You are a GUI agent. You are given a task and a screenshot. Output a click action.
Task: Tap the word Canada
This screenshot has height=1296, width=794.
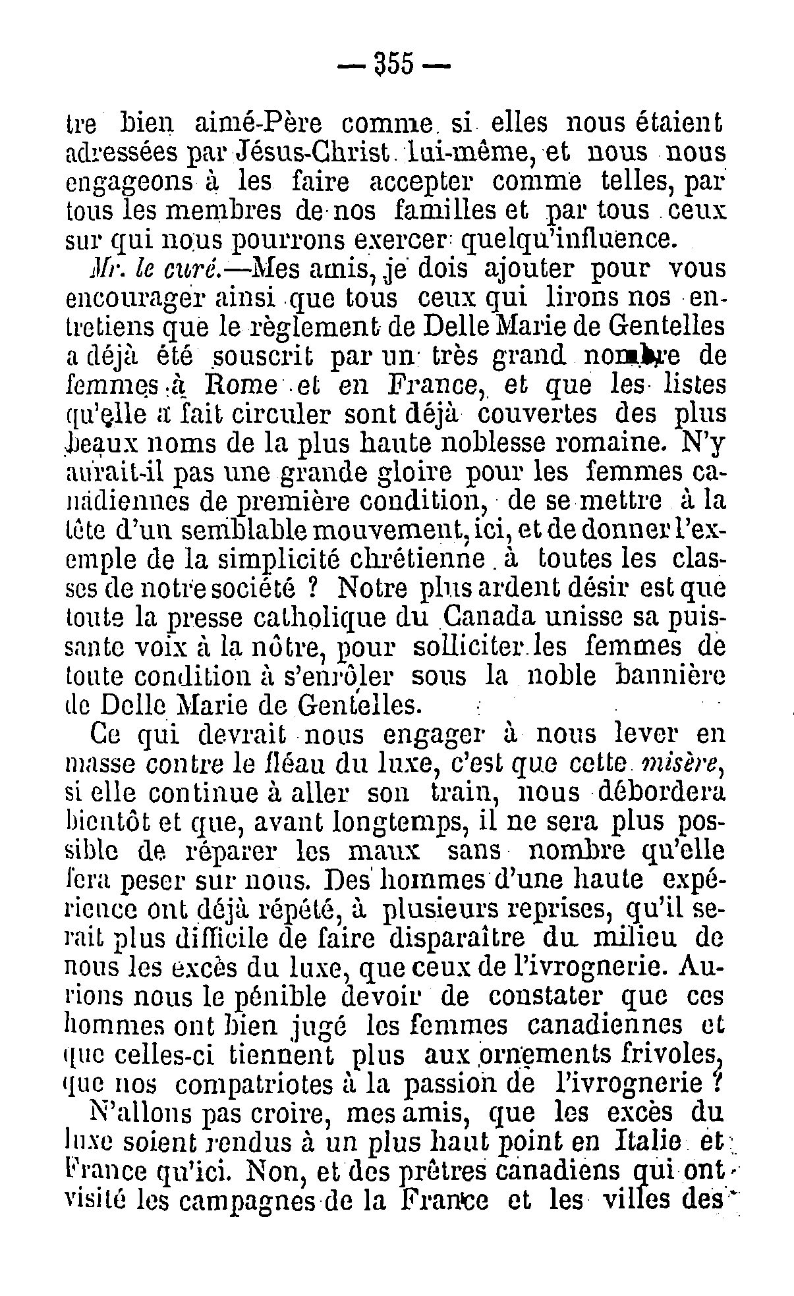[x=488, y=616]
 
